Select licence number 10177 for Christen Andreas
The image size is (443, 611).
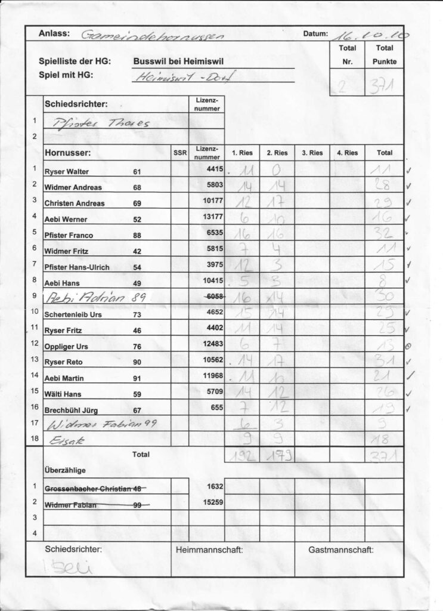212,202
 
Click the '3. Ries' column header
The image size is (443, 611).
312,153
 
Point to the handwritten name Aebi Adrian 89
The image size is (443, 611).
89,298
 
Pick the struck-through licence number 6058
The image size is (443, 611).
212,297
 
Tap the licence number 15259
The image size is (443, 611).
212,502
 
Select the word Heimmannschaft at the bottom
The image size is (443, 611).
209,549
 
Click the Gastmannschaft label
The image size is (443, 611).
340,549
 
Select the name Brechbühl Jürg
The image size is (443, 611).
72,409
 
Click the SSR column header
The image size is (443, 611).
179,153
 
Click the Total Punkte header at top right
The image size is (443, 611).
384,54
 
